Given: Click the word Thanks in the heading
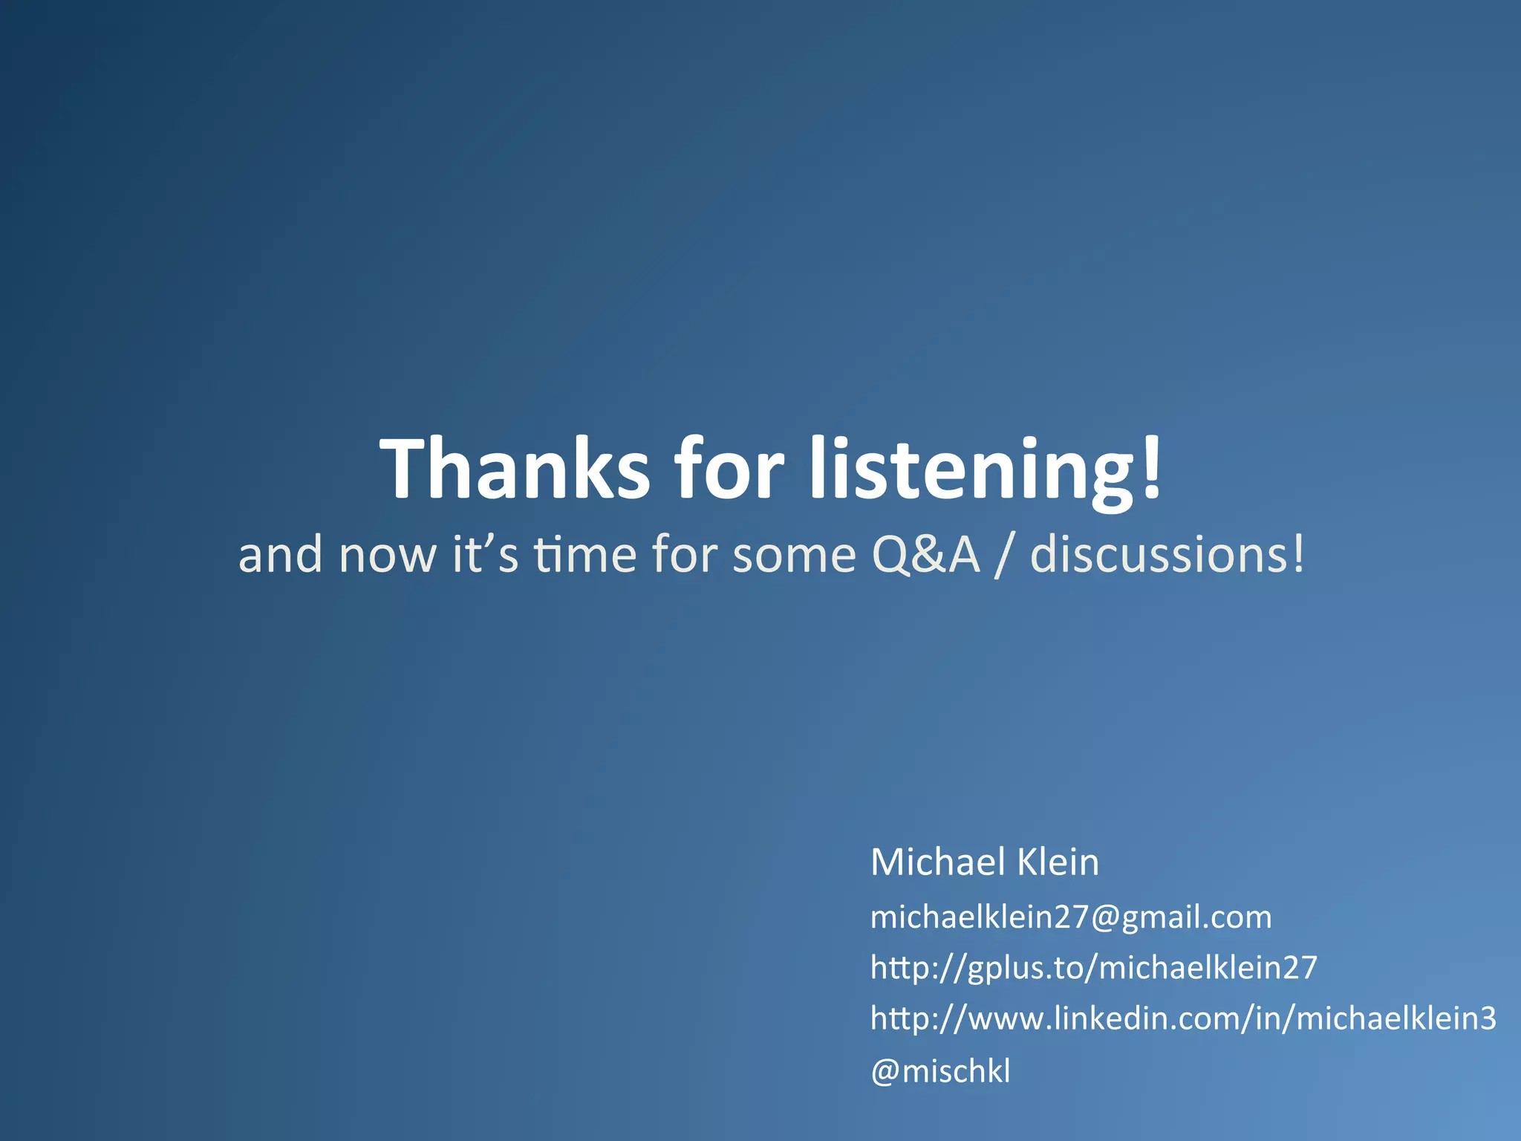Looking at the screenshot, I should click(x=514, y=469).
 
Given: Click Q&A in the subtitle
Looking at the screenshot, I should click(x=925, y=555).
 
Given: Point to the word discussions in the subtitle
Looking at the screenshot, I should click(x=1159, y=555).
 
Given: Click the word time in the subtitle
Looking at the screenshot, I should click(x=585, y=555).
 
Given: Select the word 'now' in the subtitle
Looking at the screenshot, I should click(x=387, y=556).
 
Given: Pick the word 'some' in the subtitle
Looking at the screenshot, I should click(x=794, y=556).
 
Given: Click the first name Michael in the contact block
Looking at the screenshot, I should click(x=937, y=862).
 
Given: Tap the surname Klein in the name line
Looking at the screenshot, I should click(x=1058, y=862).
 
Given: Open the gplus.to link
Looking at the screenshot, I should click(x=1093, y=968).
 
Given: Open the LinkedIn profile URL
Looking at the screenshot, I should click(x=1183, y=1018).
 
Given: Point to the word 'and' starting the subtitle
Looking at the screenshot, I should click(x=280, y=555).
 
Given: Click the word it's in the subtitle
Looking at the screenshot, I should click(x=485, y=555).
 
